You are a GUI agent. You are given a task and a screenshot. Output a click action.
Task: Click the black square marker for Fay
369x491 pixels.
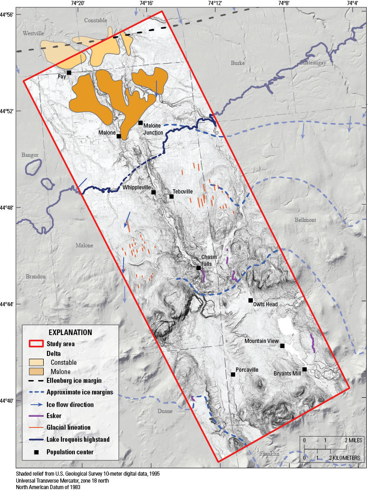(x=69, y=72)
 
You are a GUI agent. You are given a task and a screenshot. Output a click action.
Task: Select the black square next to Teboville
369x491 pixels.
(x=171, y=196)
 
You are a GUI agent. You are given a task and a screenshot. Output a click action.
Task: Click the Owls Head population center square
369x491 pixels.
(x=250, y=300)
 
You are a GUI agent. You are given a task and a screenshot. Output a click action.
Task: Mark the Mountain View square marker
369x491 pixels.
(x=282, y=345)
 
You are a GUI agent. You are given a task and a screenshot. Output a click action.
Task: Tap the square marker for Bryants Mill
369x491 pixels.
(x=304, y=369)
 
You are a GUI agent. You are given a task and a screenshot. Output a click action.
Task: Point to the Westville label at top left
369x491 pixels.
(x=33, y=33)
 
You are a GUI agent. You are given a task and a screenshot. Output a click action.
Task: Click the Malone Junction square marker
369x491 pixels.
(x=140, y=123)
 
